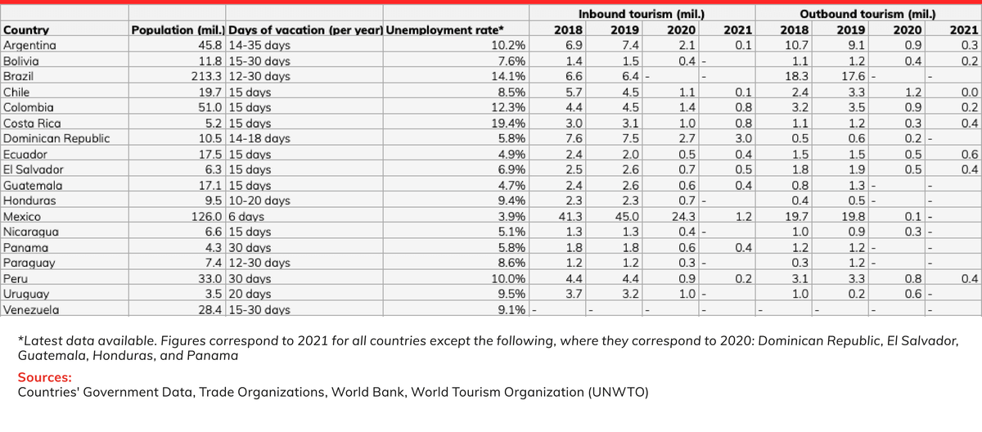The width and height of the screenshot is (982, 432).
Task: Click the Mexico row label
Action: [x=22, y=217]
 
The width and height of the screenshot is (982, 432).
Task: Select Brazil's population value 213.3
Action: [x=206, y=76]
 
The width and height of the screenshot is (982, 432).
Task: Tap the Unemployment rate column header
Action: [x=444, y=29]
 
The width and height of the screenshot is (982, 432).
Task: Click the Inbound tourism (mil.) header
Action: [x=642, y=14]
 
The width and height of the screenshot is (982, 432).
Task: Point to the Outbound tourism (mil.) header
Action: [x=867, y=14]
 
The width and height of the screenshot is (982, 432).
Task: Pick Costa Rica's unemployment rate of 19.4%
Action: [x=508, y=123]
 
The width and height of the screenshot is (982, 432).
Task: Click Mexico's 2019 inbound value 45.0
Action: [x=627, y=217]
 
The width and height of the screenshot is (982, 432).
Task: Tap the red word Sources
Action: [x=45, y=377]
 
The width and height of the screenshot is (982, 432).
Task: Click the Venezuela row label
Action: [x=31, y=310]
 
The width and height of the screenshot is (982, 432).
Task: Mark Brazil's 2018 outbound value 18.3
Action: [x=796, y=76]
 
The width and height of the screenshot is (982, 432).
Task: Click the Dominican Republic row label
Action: [x=56, y=138]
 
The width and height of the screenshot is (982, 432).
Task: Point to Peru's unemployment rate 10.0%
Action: [x=508, y=279]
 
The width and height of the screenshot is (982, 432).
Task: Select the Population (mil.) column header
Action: [x=178, y=29]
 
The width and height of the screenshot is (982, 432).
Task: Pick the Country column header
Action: [x=26, y=29]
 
